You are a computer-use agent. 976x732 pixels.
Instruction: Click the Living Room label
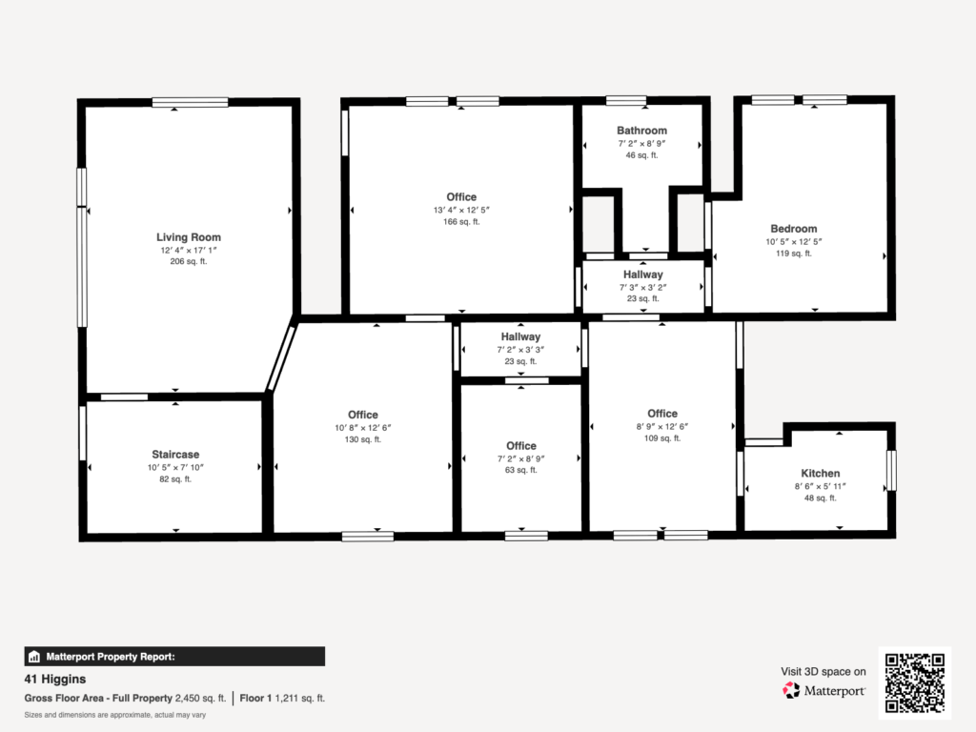pos(189,237)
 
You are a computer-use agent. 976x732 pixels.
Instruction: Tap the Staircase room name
pos(175,455)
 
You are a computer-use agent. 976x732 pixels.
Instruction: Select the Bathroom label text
pos(641,130)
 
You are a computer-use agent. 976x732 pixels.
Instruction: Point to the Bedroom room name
pos(794,229)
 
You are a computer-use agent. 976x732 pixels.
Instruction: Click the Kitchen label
pos(821,473)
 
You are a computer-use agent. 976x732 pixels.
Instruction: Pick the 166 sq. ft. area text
pos(461,221)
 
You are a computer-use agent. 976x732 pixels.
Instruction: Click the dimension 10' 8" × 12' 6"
pos(363,428)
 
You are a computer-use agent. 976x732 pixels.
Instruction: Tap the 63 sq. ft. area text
pos(521,470)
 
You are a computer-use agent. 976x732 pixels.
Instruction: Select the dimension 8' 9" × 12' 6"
pos(662,426)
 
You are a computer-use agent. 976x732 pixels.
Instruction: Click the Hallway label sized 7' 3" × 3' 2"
pos(643,274)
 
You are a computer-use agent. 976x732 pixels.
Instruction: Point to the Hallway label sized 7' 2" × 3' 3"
pos(521,336)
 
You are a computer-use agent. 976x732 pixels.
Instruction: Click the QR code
pos(915,682)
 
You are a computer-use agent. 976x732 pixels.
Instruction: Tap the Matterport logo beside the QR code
pos(824,690)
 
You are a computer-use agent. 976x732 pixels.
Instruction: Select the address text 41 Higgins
pos(55,679)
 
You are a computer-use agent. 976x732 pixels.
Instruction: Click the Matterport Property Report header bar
pos(174,657)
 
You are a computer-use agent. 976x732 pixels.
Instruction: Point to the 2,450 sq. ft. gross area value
pos(200,699)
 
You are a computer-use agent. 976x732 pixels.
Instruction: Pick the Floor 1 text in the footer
pos(255,699)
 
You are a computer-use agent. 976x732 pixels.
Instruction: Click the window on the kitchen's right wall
pos(891,471)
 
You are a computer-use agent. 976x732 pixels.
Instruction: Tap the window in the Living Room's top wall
pos(190,102)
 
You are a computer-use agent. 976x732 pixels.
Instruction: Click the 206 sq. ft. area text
pos(189,261)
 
